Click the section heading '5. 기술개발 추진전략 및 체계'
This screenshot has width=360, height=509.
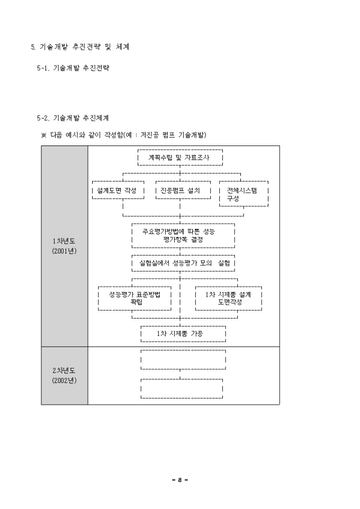coord(80,47)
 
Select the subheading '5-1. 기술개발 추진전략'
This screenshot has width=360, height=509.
coord(73,69)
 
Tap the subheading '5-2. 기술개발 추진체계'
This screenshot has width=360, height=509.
coord(73,117)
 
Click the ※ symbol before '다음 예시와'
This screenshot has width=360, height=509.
coord(44,135)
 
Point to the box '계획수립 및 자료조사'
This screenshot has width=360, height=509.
coord(180,157)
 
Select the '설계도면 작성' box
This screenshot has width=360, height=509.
coord(118,190)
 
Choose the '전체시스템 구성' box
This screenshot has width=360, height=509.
coord(244,194)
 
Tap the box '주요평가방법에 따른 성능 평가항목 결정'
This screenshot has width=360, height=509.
coord(183,235)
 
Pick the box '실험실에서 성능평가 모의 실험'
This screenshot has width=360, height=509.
coord(183,262)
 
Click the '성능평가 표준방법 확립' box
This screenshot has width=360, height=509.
coord(135,298)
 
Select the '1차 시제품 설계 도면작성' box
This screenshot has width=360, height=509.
coord(229,298)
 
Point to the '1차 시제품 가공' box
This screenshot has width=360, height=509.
coord(183,334)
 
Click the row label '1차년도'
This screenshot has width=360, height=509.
coord(64,242)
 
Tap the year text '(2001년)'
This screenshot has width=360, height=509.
coord(64,251)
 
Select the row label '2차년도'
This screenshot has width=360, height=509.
coord(64,370)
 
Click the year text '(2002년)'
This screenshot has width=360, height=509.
coord(64,380)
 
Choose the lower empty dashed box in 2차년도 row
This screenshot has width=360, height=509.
coord(183,388)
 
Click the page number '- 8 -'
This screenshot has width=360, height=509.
coord(180,480)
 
